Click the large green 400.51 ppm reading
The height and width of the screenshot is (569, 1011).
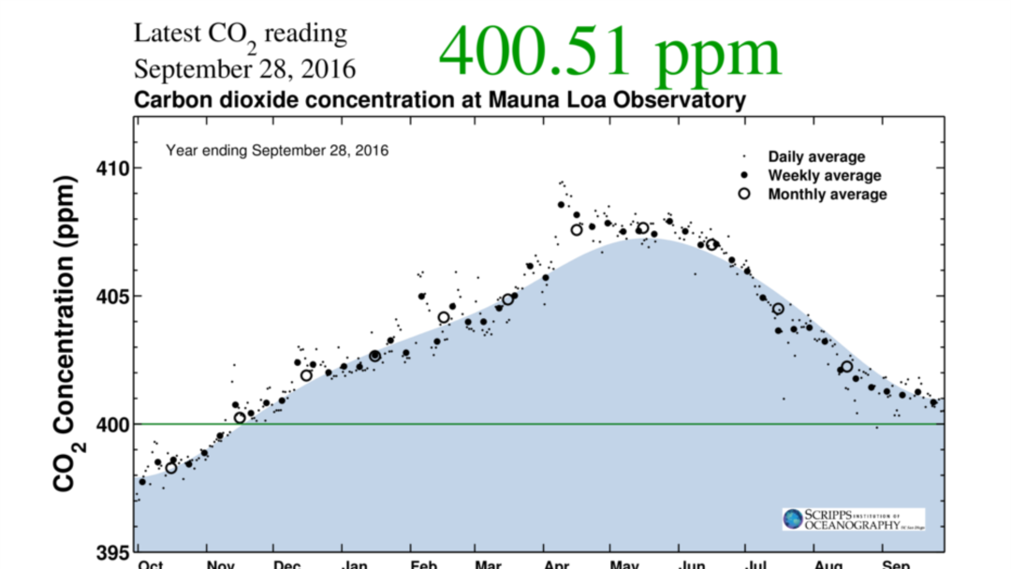pos(609,52)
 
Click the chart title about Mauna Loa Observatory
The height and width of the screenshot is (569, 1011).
pos(440,100)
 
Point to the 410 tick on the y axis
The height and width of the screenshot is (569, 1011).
pos(116,168)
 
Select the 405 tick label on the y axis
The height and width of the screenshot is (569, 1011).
pos(116,297)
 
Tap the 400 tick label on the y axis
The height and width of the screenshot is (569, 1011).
pos(116,424)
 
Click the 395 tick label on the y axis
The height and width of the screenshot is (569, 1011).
pos(116,552)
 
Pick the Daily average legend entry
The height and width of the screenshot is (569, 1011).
pos(815,156)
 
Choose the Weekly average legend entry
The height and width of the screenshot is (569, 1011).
pos(824,175)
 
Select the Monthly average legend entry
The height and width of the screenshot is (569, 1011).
pos(827,194)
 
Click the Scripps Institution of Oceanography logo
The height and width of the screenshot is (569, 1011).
pos(853,519)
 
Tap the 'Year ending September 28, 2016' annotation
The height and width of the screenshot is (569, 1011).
pos(277,150)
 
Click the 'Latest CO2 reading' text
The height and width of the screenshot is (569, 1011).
pos(240,36)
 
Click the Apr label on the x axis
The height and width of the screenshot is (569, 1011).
pos(557,564)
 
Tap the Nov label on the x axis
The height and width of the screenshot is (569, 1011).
pos(220,564)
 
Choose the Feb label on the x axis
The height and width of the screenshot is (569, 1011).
pos(423,564)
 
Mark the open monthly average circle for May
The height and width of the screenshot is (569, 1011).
pos(642,228)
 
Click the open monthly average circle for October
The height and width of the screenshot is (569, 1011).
pos(171,468)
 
